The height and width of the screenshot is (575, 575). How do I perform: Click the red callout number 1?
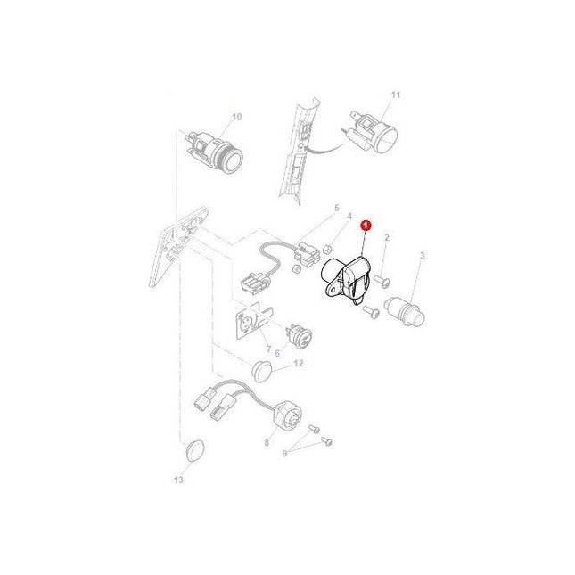click(x=365, y=228)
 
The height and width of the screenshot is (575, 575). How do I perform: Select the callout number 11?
click(x=396, y=94)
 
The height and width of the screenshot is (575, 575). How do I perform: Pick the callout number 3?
click(x=423, y=255)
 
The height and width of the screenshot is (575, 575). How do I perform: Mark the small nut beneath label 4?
click(x=329, y=249)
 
